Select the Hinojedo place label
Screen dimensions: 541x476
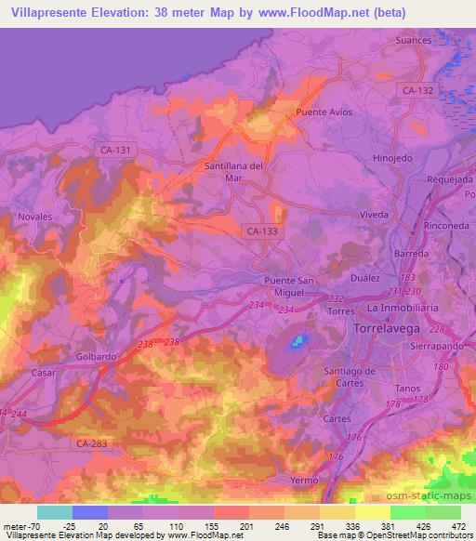pyautogui.click(x=392, y=158)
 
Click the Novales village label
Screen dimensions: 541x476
pyautogui.click(x=35, y=216)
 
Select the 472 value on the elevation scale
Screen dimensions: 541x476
pyautogui.click(x=455, y=526)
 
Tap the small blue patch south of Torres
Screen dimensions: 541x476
pyautogui.click(x=297, y=342)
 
